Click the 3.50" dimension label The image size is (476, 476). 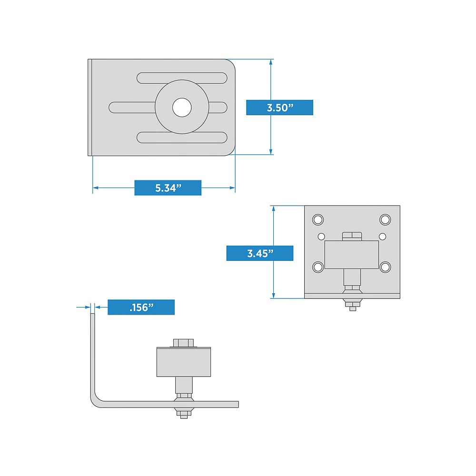coord(279,108)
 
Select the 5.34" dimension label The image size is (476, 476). coord(168,188)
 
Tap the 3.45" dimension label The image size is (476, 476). coord(259,254)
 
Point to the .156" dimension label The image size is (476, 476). coord(141,307)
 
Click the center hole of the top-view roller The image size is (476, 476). coord(181,108)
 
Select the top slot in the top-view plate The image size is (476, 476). coord(182,78)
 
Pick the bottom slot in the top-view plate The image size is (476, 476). coord(182,138)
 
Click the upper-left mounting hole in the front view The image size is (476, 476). coord(317,219)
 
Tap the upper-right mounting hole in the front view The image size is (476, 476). coord(385,219)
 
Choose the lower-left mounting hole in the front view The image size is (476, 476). coord(317,267)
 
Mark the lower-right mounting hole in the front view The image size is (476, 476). coord(385,267)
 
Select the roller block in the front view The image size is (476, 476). coord(351,255)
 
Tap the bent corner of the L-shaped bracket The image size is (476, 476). coord(96,400)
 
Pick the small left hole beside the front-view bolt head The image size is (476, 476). coord(321,236)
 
